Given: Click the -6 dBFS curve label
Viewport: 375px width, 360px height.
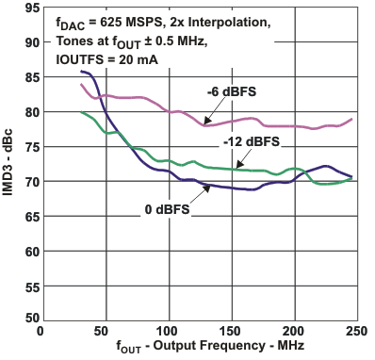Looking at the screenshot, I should [232, 92].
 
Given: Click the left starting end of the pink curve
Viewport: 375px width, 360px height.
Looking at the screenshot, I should [81, 85].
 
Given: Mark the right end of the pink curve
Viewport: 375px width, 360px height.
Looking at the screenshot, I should [352, 119].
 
